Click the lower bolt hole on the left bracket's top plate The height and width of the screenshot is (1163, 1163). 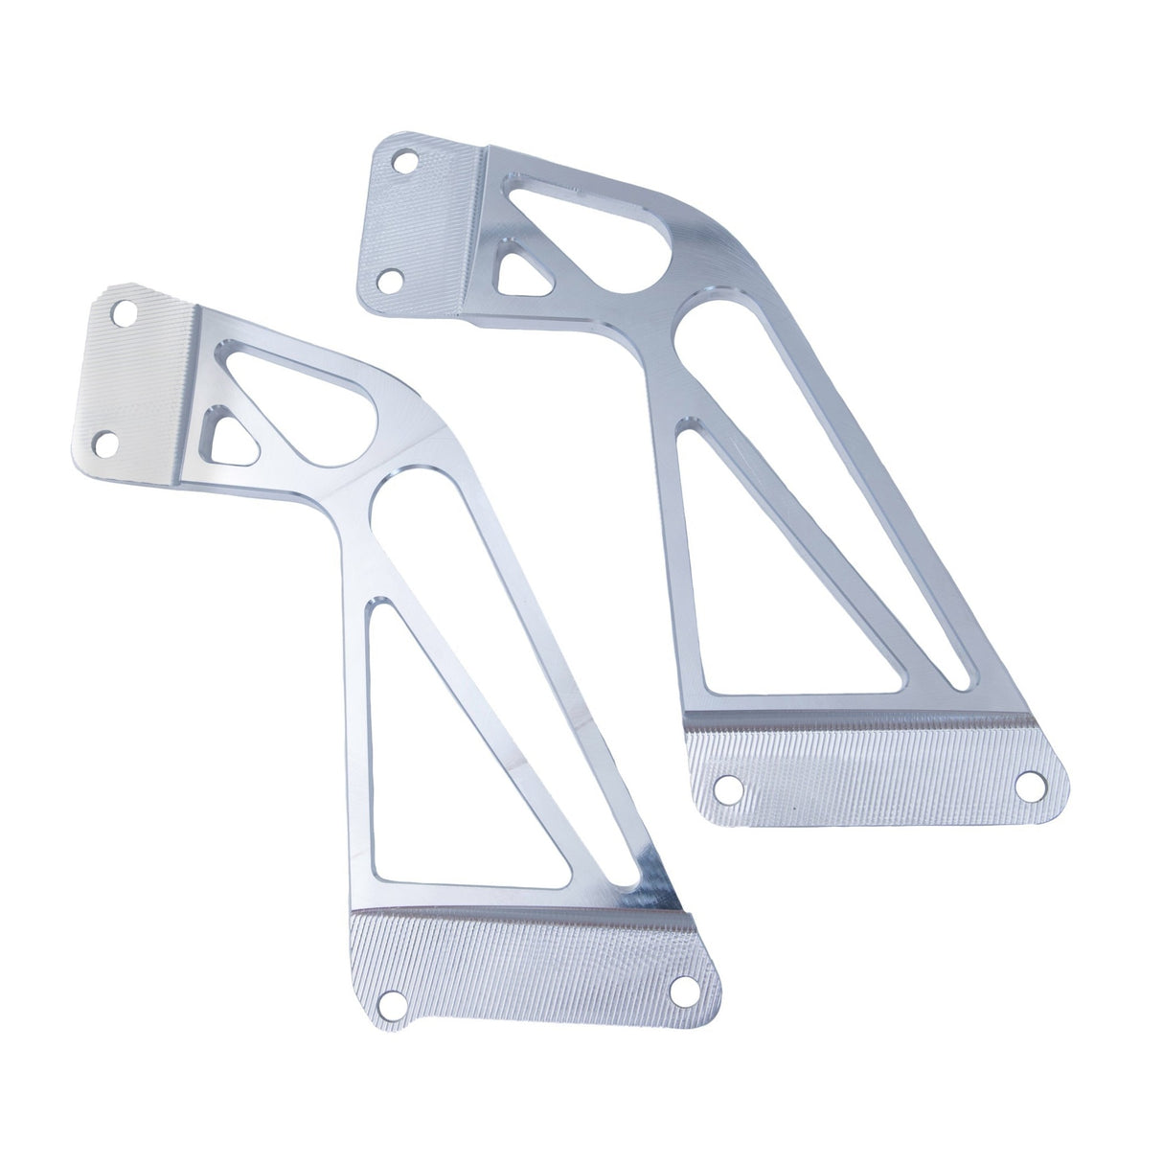tap(108, 442)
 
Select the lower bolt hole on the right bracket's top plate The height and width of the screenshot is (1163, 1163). tap(389, 282)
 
